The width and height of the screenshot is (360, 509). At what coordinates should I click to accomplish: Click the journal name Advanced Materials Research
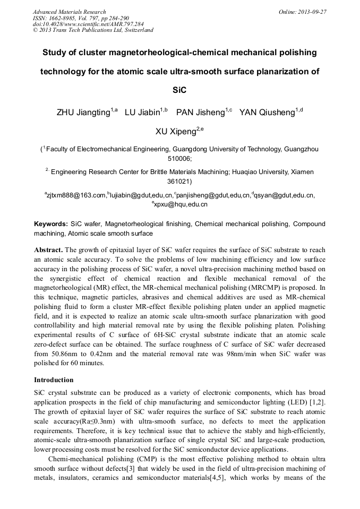pyautogui.click(x=70, y=12)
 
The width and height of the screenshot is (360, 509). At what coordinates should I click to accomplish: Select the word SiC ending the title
pyautogui.click(x=180, y=90)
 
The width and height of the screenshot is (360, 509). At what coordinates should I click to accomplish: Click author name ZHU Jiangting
pyautogui.click(x=84, y=113)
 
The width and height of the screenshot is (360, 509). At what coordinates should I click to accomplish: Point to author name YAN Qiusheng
pyautogui.click(x=268, y=113)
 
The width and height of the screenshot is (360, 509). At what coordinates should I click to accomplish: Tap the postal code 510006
pyautogui.click(x=180, y=159)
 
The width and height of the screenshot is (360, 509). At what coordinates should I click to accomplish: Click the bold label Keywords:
pyautogui.click(x=51, y=225)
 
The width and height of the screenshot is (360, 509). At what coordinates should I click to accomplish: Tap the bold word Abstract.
pyautogui.click(x=49, y=249)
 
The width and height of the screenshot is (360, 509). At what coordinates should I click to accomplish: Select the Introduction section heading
pyautogui.click(x=54, y=380)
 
